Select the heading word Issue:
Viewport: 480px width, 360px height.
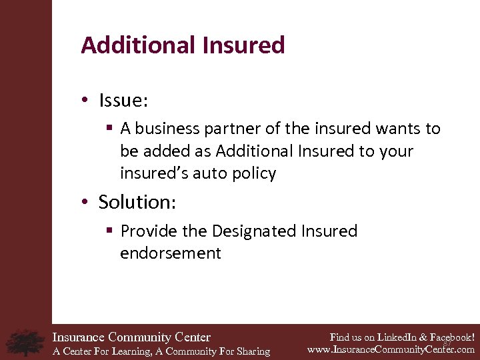pos(123,101)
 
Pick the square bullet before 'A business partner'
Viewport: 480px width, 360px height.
pos(109,129)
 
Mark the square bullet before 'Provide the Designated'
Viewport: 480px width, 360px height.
pos(109,231)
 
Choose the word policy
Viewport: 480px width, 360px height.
pos(254,174)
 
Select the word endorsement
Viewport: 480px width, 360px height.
pos(170,253)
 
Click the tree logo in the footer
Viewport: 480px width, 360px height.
pos(25,342)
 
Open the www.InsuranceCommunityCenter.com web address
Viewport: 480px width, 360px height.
pos(391,349)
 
